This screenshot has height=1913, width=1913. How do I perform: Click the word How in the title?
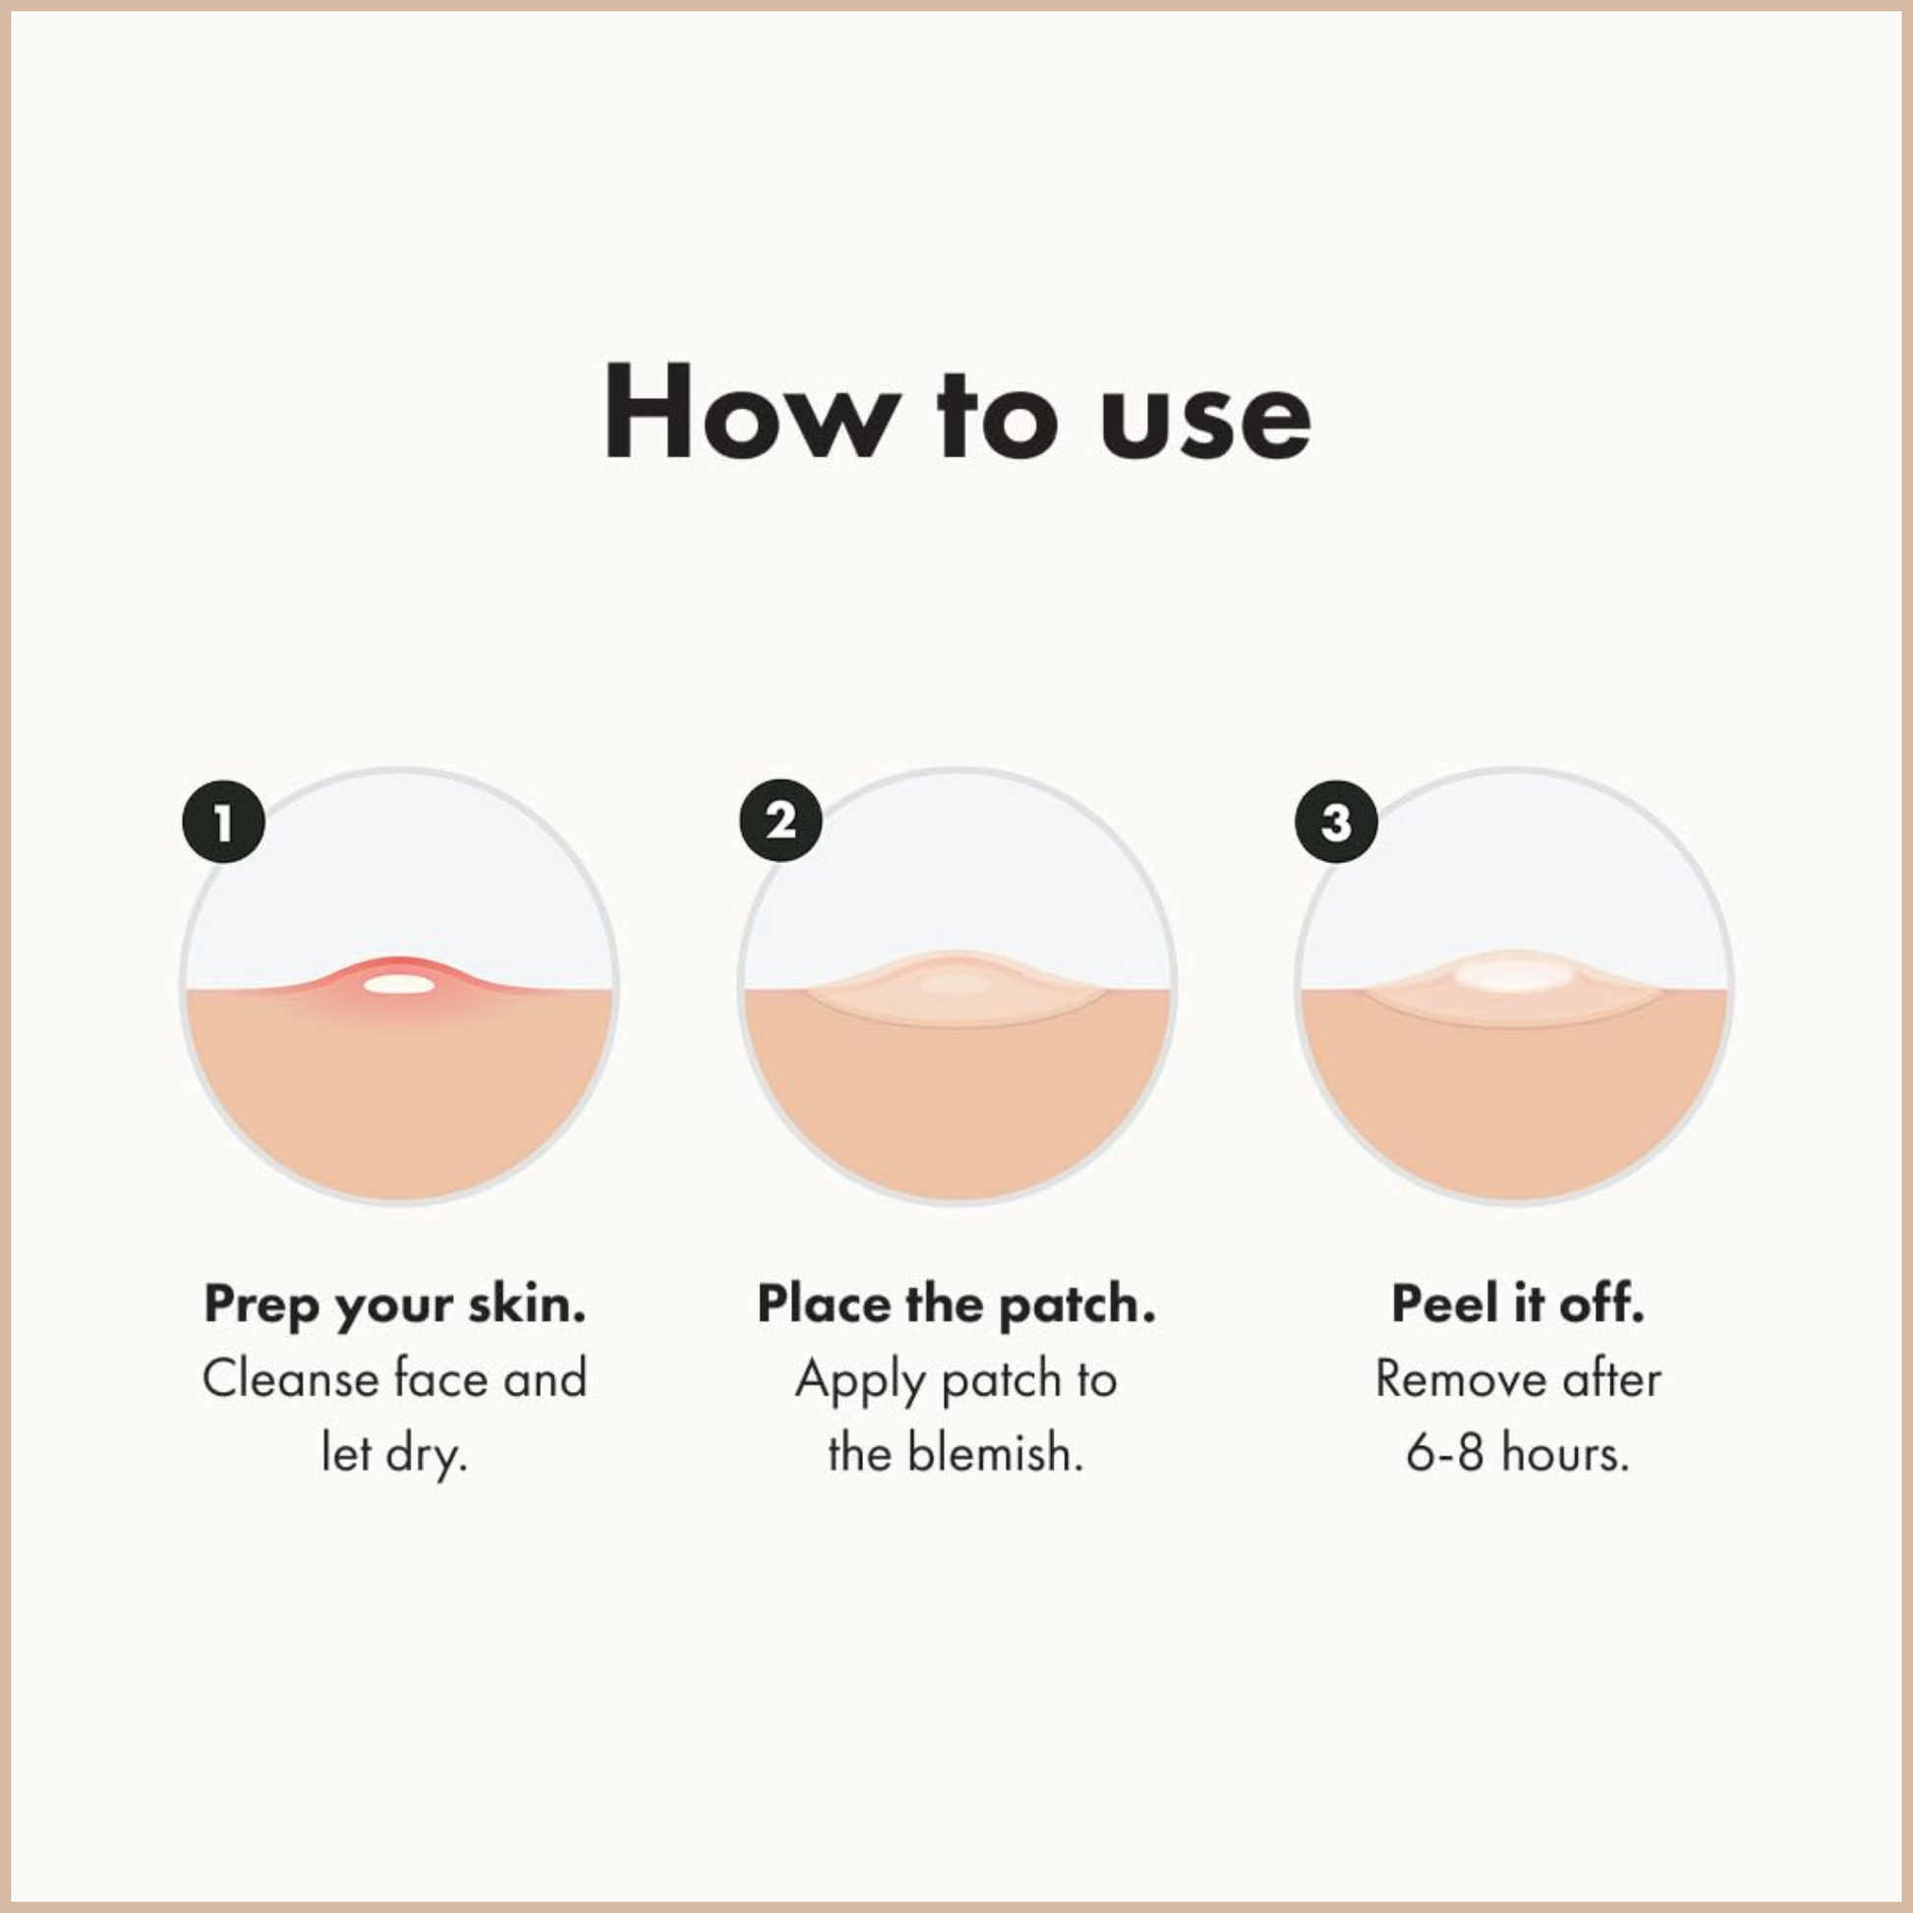pyautogui.click(x=753, y=413)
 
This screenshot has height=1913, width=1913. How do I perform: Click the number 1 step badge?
pyautogui.click(x=224, y=821)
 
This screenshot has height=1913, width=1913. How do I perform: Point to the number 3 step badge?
pyautogui.click(x=1337, y=821)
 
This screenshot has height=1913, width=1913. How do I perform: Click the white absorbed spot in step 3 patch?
pyautogui.click(x=1514, y=977)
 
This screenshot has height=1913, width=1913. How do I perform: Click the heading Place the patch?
pyautogui.click(x=956, y=1304)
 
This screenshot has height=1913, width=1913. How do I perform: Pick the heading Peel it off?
pyautogui.click(x=1518, y=1304)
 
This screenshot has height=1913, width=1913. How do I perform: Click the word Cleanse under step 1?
pyautogui.click(x=290, y=1379)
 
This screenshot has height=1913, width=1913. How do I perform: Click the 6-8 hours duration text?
pyautogui.click(x=1517, y=1454)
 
